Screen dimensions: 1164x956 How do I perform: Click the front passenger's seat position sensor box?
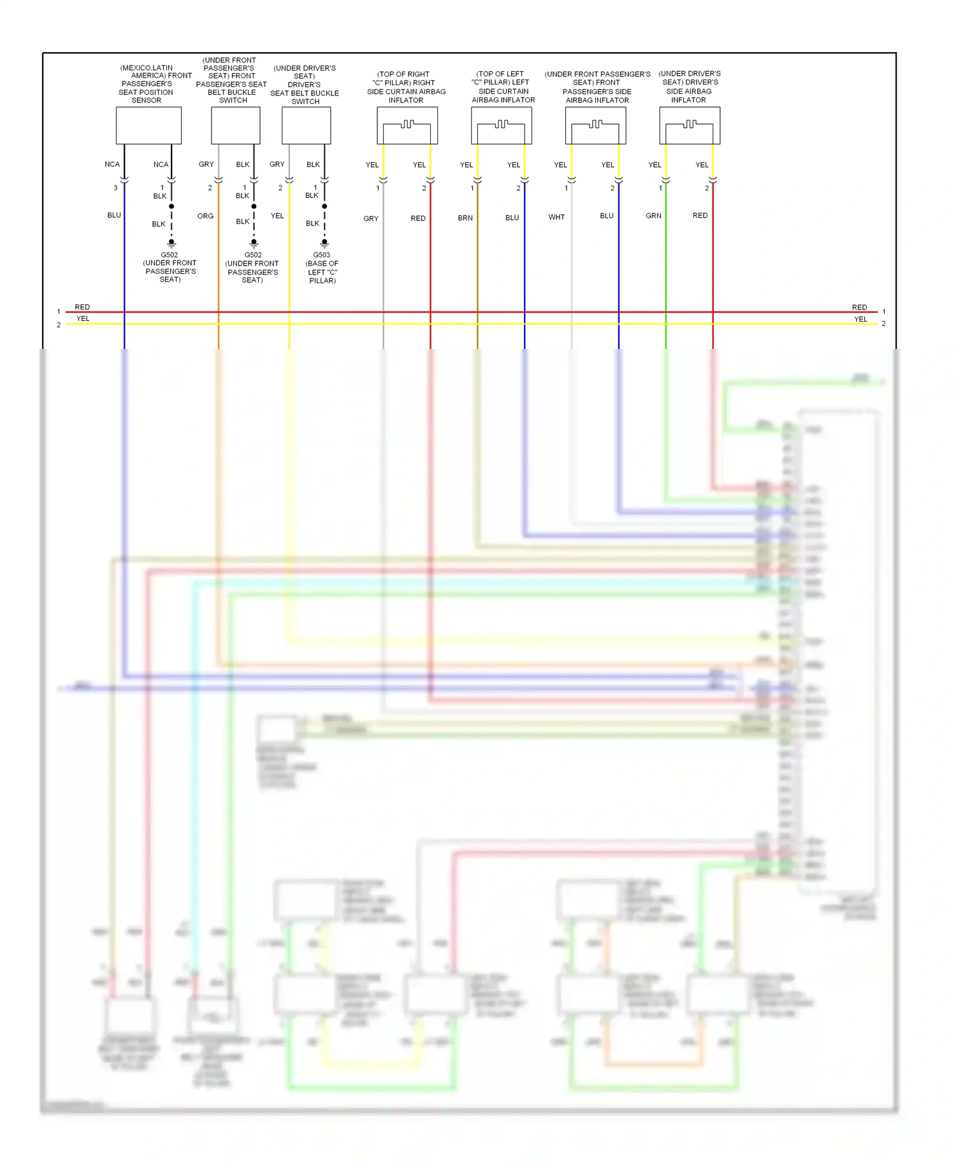(x=148, y=125)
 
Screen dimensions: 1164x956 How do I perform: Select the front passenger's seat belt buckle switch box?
(x=235, y=125)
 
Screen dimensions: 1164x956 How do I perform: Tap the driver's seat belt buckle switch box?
(x=306, y=125)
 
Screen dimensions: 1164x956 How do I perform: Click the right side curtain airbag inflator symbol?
(x=407, y=125)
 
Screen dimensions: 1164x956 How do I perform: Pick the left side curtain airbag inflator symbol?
(x=501, y=125)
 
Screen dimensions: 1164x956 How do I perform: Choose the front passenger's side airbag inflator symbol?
(x=595, y=125)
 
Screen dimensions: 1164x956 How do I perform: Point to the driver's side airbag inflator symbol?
(x=690, y=125)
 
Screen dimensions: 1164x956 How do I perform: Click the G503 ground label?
(x=321, y=255)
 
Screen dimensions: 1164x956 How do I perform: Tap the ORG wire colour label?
(x=205, y=216)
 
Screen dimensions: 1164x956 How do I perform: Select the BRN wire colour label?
(x=465, y=218)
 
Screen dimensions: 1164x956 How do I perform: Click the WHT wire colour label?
(x=556, y=217)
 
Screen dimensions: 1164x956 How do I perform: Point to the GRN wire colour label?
(x=653, y=216)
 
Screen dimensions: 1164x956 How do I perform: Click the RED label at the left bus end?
(x=82, y=307)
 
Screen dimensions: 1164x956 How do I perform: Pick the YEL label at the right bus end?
(x=860, y=319)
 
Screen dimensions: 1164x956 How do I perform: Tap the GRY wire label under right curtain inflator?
(x=371, y=218)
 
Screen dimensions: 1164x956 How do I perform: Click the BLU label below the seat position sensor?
(x=114, y=215)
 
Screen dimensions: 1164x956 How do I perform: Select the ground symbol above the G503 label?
(x=324, y=243)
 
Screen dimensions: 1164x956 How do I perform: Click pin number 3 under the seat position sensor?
(x=115, y=188)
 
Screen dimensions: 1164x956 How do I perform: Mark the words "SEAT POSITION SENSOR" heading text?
(x=146, y=96)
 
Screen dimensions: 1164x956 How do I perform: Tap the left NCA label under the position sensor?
(x=112, y=164)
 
